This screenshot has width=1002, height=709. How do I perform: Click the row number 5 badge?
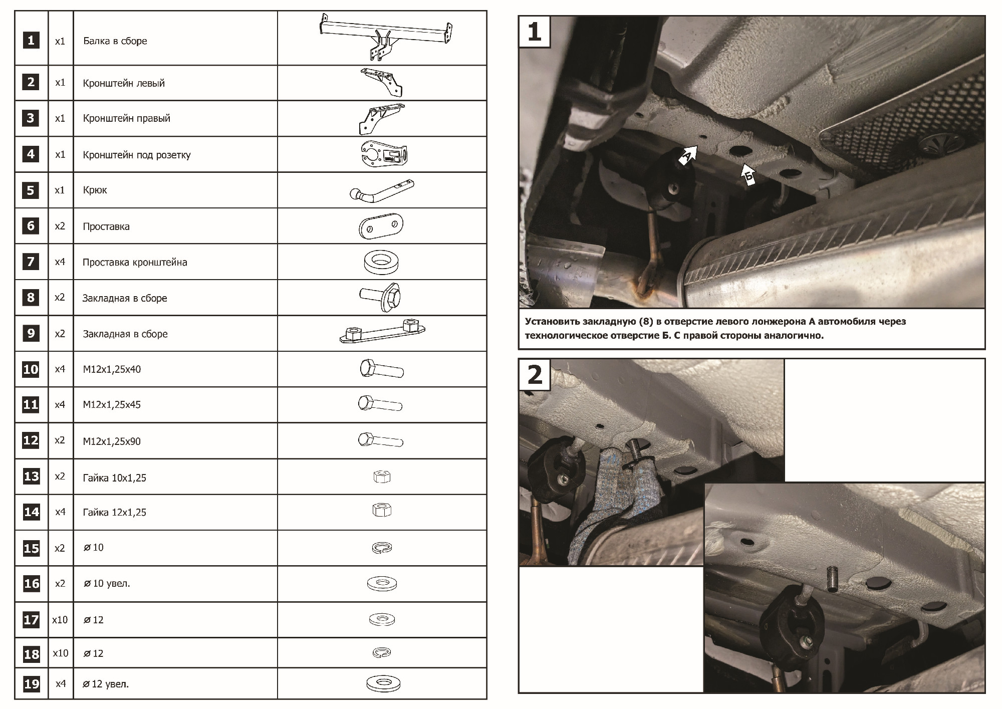click(31, 190)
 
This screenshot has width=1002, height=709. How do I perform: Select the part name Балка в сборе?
click(115, 41)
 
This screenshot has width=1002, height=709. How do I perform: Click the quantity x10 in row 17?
click(60, 620)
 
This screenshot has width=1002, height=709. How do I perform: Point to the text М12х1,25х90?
click(112, 441)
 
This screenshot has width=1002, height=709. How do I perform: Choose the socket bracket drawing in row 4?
click(384, 154)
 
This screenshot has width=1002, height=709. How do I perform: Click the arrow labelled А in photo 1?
click(688, 155)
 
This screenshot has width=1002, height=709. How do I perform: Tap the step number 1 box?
click(535, 32)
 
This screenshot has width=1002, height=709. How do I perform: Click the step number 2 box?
click(535, 375)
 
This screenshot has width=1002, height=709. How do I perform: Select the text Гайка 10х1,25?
click(115, 478)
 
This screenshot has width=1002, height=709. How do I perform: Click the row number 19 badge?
click(31, 684)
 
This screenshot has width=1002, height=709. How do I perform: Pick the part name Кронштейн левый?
click(124, 83)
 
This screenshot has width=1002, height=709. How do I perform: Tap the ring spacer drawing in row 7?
click(381, 262)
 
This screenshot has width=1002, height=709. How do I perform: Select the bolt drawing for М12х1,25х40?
click(381, 369)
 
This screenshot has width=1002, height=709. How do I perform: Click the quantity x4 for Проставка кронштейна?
click(60, 262)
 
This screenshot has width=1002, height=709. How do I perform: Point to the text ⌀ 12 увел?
click(106, 684)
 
